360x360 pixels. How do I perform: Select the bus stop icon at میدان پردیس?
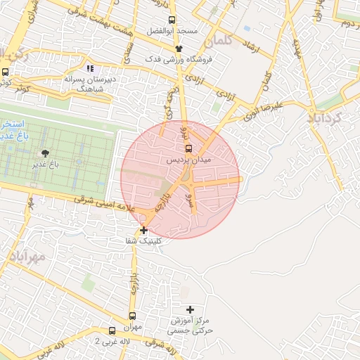[x=188, y=148]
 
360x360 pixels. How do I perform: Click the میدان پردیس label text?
[x=188, y=160]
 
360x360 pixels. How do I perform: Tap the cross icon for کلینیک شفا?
[x=144, y=230]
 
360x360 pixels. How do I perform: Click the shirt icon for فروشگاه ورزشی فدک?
[x=179, y=49]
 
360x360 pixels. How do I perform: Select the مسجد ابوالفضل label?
[x=172, y=32]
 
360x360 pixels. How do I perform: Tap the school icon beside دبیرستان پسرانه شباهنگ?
[x=89, y=68]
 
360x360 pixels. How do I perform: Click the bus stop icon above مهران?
[x=133, y=317]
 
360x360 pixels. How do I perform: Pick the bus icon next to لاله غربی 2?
[x=112, y=330]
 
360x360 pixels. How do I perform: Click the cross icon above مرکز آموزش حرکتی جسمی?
[x=190, y=309]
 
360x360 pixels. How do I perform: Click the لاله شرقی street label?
[x=160, y=343]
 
